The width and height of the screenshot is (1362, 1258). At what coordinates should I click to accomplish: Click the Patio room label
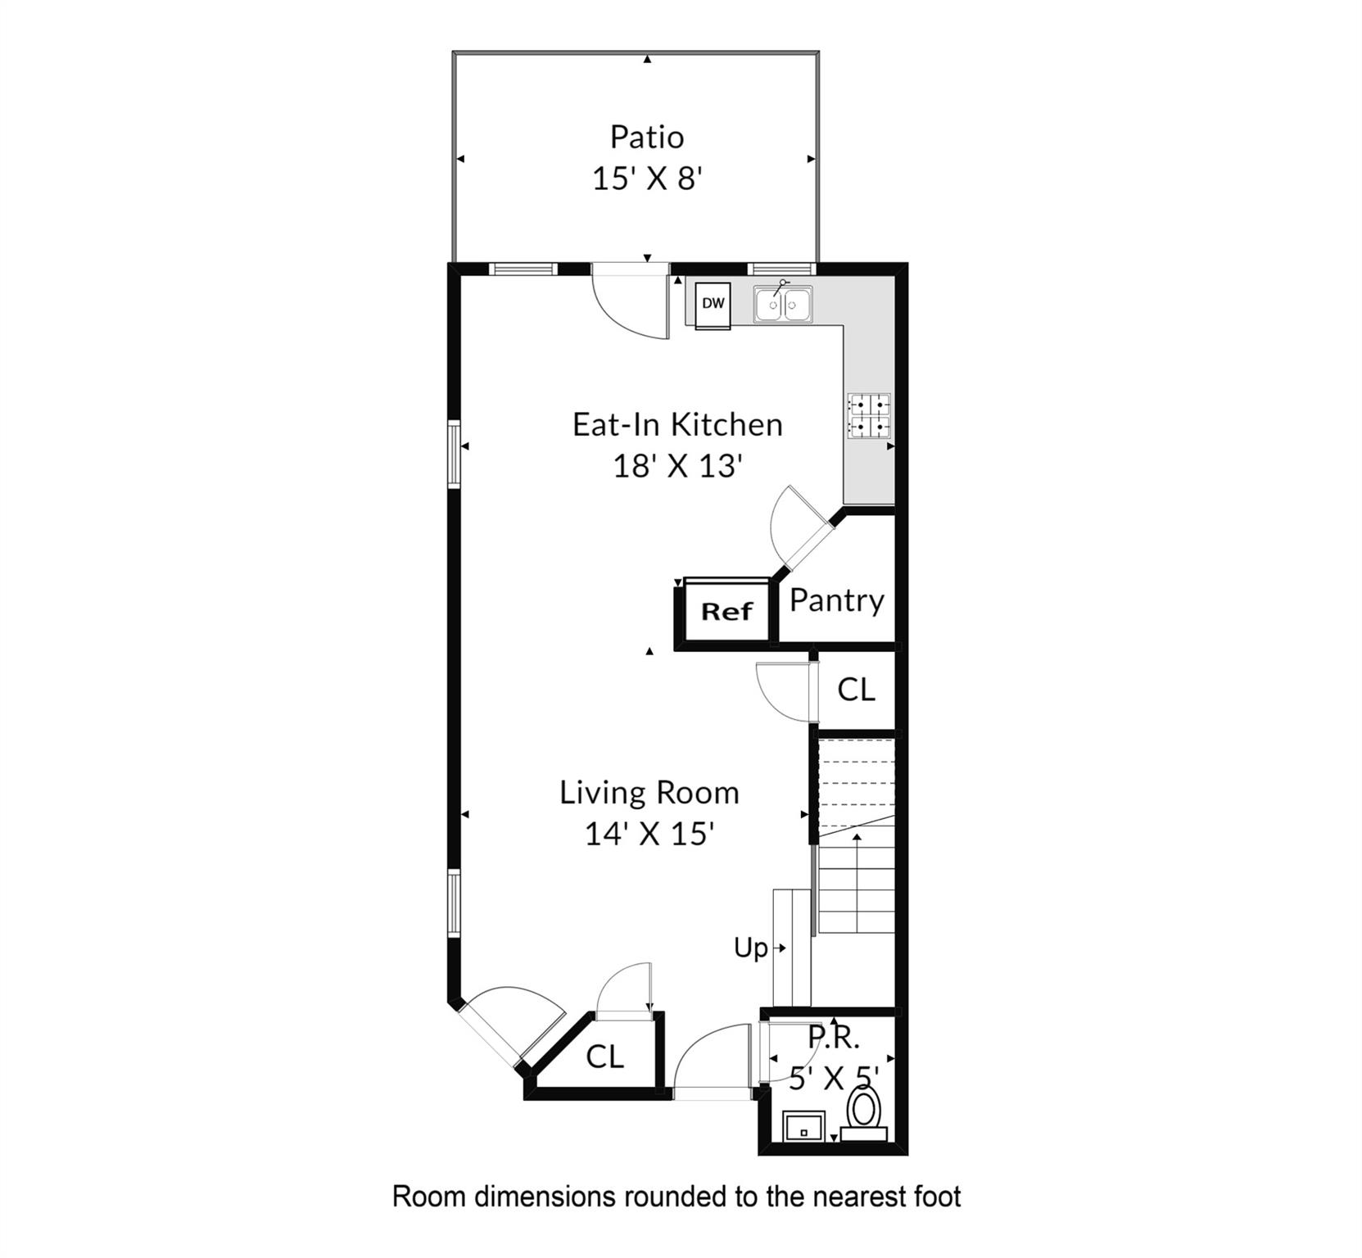646,137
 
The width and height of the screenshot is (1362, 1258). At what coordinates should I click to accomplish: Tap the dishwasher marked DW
713,304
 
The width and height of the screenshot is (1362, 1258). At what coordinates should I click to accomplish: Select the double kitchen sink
783,305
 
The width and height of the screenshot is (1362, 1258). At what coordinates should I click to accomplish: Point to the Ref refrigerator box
726,611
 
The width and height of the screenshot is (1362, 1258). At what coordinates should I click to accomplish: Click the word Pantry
836,600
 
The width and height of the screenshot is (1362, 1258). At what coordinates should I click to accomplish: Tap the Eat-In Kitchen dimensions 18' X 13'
677,466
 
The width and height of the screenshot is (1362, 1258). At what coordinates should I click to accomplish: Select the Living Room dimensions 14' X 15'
649,834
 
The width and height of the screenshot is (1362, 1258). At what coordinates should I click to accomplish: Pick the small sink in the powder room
803,1126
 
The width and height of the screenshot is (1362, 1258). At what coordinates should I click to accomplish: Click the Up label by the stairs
750,948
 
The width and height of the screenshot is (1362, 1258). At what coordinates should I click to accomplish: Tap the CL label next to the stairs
856,689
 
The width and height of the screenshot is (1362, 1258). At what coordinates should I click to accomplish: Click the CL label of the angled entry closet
604,1057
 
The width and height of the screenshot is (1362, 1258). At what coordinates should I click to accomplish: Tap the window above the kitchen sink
781,269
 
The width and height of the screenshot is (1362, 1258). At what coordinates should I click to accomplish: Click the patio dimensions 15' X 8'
647,179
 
